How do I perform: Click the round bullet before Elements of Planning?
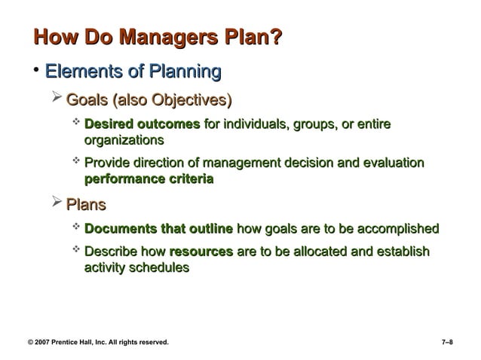coord(35,71)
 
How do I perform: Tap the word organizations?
coord(124,140)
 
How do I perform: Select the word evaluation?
coord(388,163)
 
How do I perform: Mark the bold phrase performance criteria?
coord(149,180)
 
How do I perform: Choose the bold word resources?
coord(201,252)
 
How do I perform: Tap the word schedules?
coord(156,267)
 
